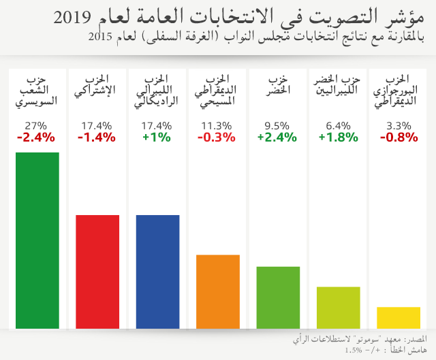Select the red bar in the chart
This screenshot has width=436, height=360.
97,272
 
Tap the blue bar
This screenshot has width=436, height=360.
158,272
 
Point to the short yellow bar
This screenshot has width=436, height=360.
399,318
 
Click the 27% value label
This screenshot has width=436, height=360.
35,125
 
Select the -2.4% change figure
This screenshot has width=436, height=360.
35,137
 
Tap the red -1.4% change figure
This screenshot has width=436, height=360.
97,137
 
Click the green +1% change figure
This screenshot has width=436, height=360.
156,137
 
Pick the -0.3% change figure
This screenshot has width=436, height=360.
216,137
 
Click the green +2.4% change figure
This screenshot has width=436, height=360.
277,137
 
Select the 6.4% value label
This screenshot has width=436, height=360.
338,125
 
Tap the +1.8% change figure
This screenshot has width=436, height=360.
338,137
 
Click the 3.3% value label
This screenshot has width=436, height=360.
398,125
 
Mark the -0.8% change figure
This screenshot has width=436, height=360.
398,137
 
